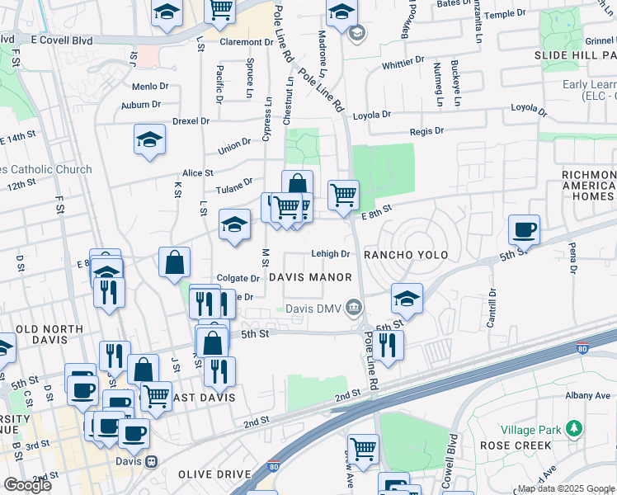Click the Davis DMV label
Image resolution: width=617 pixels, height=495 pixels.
pyautogui.click(x=313, y=309)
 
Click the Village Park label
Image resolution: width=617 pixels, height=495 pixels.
pyautogui.click(x=532, y=430)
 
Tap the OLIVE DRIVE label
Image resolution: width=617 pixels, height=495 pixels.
pyautogui.click(x=217, y=474)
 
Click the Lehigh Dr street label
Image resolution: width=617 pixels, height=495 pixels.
pyautogui.click(x=331, y=254)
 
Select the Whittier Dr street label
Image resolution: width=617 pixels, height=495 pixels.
pyautogui.click(x=403, y=63)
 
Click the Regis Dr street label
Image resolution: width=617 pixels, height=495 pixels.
pyautogui.click(x=426, y=131)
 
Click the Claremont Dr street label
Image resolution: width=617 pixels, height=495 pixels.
pyautogui.click(x=247, y=41)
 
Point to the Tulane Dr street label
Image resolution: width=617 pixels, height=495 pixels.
pyautogui.click(x=236, y=185)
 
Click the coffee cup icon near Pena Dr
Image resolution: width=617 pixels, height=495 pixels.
pyautogui.click(x=524, y=229)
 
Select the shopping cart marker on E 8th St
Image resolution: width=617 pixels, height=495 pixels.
pyautogui.click(x=343, y=196)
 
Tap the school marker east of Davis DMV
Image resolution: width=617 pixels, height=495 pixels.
pyautogui.click(x=406, y=298)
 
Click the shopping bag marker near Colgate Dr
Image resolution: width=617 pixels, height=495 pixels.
pyautogui.click(x=175, y=263)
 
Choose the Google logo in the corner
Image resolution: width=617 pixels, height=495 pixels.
pyautogui.click(x=27, y=485)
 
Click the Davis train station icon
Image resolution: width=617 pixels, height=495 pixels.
pyautogui.click(x=150, y=462)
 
